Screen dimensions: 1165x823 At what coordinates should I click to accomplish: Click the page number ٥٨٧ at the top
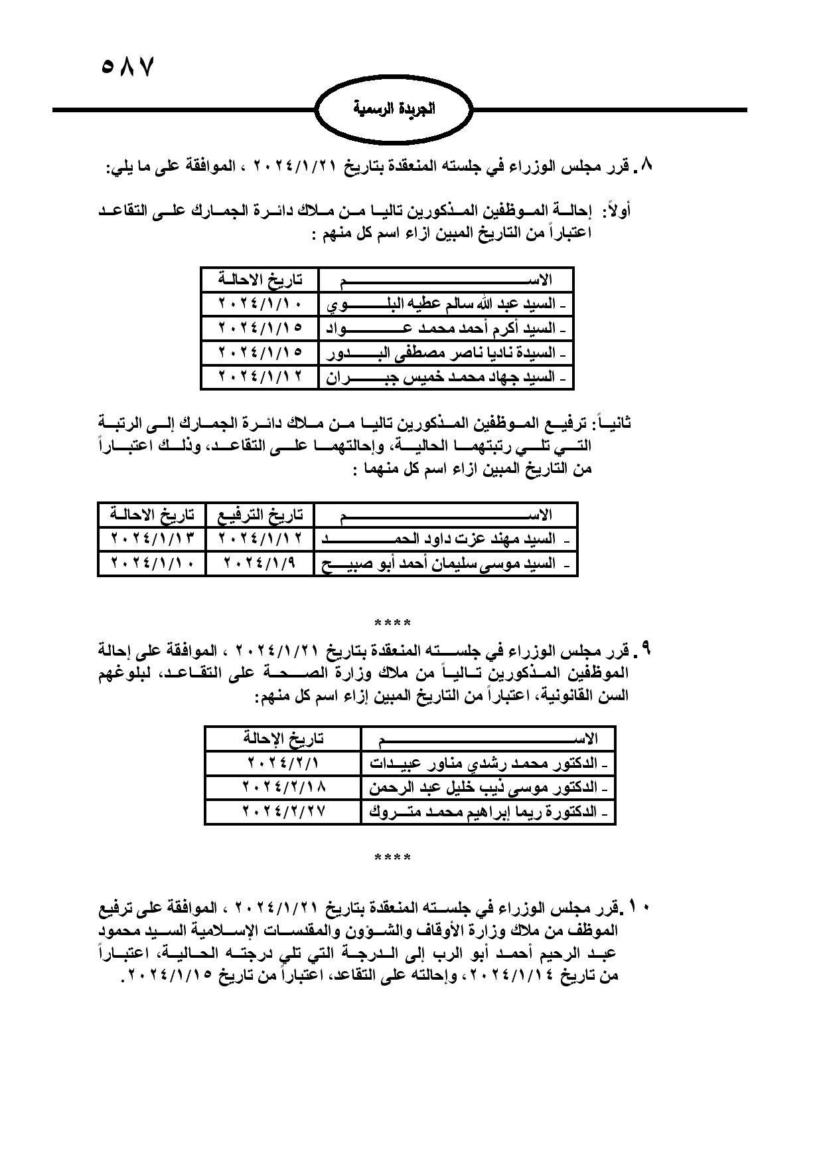coord(127,67)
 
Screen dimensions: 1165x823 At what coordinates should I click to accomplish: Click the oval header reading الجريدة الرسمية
coord(394,108)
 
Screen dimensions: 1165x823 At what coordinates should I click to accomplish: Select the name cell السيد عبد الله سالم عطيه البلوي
coord(445,304)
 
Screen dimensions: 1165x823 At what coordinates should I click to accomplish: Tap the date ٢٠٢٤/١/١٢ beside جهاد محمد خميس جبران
coord(260,377)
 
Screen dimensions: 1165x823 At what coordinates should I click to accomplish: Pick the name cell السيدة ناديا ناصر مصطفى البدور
coord(445,353)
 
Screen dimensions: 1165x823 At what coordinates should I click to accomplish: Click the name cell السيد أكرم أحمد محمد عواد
coord(445,328)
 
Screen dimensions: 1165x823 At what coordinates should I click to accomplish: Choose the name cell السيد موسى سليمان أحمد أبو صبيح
coord(445,564)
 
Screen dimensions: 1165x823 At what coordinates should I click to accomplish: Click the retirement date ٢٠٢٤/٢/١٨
coord(283,787)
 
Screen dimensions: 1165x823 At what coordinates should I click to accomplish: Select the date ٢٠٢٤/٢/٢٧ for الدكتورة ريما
coord(283,811)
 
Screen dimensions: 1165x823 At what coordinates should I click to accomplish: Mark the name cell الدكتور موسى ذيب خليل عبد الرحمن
coord(488,788)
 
